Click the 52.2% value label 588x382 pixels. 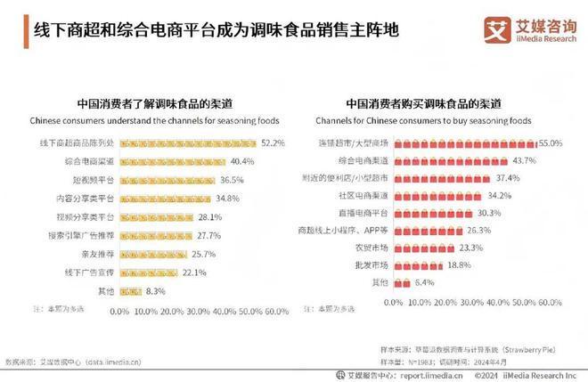274,142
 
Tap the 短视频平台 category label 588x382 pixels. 90,179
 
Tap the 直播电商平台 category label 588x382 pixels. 363,214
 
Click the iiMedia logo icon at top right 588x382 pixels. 496,28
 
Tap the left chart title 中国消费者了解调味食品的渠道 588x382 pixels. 154,103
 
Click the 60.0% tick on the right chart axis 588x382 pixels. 551,303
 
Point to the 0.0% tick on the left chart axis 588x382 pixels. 119,312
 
